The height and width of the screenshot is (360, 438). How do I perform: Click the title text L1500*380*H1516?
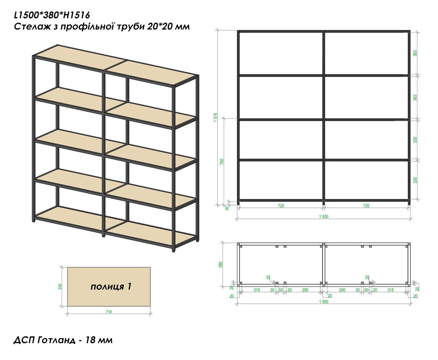click(x=52, y=15)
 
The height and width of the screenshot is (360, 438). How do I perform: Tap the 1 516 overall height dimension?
click(x=215, y=118)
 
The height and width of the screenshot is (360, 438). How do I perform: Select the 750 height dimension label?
click(x=222, y=162)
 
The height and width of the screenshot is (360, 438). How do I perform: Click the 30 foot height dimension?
click(x=227, y=208)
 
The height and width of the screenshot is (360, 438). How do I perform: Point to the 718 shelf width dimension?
click(x=109, y=312)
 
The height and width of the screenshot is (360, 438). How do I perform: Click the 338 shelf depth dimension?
click(x=60, y=287)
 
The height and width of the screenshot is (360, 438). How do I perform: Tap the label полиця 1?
click(x=111, y=287)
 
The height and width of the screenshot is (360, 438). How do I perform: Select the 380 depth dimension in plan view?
click(x=221, y=265)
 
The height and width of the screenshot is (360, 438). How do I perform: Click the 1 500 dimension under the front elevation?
click(x=324, y=217)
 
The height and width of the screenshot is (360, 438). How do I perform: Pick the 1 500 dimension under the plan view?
click(x=324, y=302)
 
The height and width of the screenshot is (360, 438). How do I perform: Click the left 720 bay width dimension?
click(x=281, y=206)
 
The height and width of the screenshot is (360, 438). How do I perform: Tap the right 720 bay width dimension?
click(x=366, y=206)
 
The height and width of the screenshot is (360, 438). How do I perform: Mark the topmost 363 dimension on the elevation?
click(x=415, y=53)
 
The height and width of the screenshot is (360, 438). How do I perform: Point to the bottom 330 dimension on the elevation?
click(x=415, y=180)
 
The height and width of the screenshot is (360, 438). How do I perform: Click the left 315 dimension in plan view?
click(x=257, y=290)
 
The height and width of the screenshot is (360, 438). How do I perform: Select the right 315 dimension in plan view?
click(x=391, y=290)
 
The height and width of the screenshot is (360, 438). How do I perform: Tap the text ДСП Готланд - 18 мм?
click(x=63, y=340)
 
